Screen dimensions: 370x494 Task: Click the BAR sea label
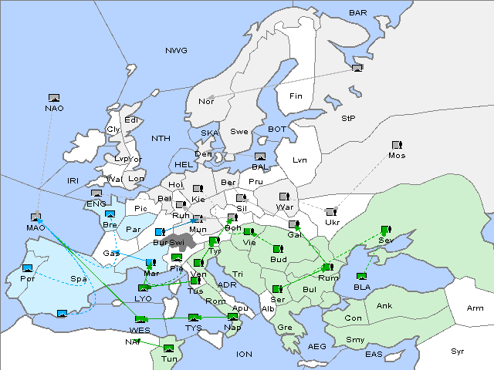pos(358,13)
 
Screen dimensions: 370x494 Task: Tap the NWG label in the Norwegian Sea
pos(176,51)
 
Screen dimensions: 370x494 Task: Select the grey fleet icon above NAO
pos(54,98)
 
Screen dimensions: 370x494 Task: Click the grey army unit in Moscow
pos(397,145)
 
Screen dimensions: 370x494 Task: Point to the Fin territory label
pos(295,96)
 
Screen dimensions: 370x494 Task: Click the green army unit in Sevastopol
pos(385,230)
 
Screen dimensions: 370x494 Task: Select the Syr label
pos(458,351)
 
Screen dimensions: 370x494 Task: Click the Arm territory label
pos(475,308)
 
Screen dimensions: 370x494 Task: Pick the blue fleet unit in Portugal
pos(28,267)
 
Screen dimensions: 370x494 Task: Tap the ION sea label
pos(245,355)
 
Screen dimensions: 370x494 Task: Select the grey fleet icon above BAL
pos(260,156)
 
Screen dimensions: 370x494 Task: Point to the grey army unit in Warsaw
pos(283,197)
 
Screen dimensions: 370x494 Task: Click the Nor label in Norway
pos(206,102)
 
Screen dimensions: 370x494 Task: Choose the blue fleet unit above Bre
pos(110,214)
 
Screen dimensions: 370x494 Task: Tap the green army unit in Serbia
pos(277,289)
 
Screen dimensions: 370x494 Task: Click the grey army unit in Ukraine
pos(331,212)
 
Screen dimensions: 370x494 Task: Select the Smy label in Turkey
pos(355,340)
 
